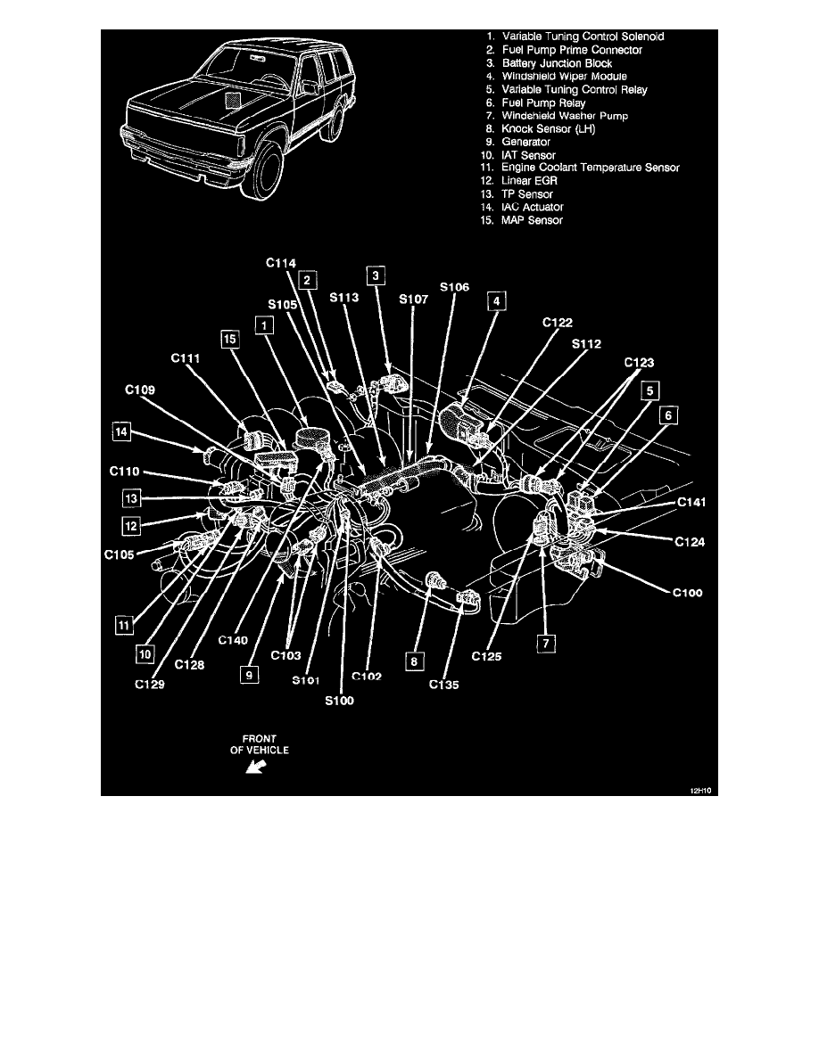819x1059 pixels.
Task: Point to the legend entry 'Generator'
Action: pos(526,142)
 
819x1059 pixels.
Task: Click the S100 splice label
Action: pos(339,701)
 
